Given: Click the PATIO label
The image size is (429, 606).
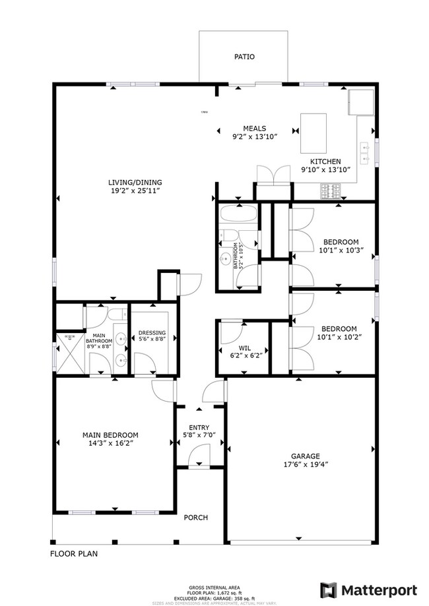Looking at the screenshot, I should [x=244, y=57].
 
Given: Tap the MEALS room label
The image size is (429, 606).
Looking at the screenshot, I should [x=254, y=128].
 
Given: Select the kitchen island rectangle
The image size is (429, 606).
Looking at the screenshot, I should [x=314, y=133].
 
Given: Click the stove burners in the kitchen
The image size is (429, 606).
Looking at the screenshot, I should [x=330, y=191].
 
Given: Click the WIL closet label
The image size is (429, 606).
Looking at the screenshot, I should [x=244, y=347].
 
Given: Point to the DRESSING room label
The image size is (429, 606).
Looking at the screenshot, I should [x=152, y=333].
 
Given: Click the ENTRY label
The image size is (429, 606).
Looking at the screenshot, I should [x=199, y=427].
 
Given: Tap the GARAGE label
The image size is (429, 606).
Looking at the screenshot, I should [x=306, y=456].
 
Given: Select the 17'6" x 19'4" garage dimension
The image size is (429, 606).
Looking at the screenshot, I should [x=306, y=464].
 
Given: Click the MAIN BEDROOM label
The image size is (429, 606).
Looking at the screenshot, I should [x=110, y=435].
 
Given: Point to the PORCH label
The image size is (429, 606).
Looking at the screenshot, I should [x=195, y=518].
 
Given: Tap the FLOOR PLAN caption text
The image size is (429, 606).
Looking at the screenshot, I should [x=74, y=554].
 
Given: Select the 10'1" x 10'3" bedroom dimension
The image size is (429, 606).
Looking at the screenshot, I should [x=341, y=251].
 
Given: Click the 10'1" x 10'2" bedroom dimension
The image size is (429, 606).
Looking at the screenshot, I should [x=339, y=338].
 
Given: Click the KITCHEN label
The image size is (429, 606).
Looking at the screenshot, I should [x=325, y=162].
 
